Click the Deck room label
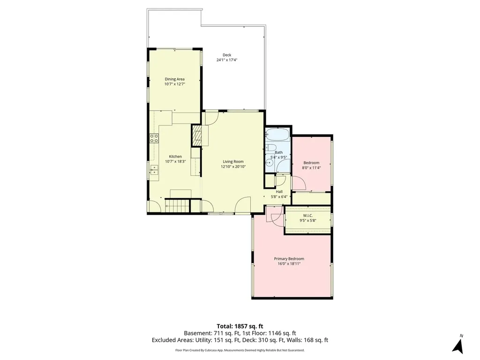pyautogui.click(x=227, y=55)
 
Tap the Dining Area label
pyautogui.click(x=175, y=79)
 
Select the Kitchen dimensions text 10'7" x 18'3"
pyautogui.click(x=175, y=162)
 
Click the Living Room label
pyautogui.click(x=233, y=162)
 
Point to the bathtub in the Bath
pyautogui.click(x=277, y=135)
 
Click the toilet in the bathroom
pyautogui.click(x=271, y=148)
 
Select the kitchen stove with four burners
pyautogui.click(x=154, y=138)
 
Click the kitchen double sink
pyautogui.click(x=154, y=170)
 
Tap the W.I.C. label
pyautogui.click(x=308, y=216)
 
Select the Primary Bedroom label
pyautogui.click(x=289, y=259)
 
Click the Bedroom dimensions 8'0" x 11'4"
pyautogui.click(x=311, y=168)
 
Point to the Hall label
pyautogui.click(x=279, y=192)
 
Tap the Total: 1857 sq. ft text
pyautogui.click(x=240, y=326)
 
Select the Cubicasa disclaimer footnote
pyautogui.click(x=240, y=350)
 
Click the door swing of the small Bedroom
pyautogui.click(x=299, y=183)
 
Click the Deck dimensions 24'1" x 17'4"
pyautogui.click(x=227, y=60)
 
